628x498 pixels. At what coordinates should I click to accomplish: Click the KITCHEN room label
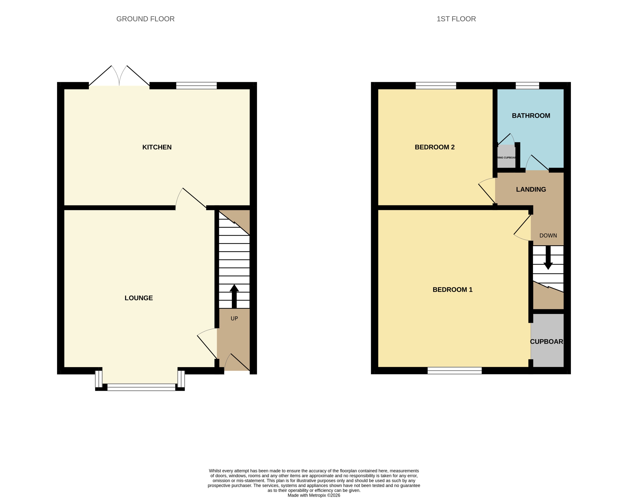coord(157,147)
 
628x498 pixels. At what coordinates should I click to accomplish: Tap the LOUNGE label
coord(139,298)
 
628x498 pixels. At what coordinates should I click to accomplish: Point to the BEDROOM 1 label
coord(452,290)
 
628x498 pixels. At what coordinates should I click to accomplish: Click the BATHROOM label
coord(531,116)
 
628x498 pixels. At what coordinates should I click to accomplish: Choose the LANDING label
coord(531,190)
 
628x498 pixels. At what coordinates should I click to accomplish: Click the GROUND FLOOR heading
coord(145,19)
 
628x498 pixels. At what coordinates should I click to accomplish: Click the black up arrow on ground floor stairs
coord(234,295)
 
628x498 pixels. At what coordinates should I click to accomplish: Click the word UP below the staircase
coord(234,318)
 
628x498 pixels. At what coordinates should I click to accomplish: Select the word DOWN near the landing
coord(548,236)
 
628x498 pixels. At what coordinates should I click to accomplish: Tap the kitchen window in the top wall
coord(196,86)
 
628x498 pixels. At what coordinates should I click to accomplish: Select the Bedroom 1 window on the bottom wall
coord(454,371)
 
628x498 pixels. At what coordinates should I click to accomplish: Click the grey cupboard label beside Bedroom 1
coord(547,341)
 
